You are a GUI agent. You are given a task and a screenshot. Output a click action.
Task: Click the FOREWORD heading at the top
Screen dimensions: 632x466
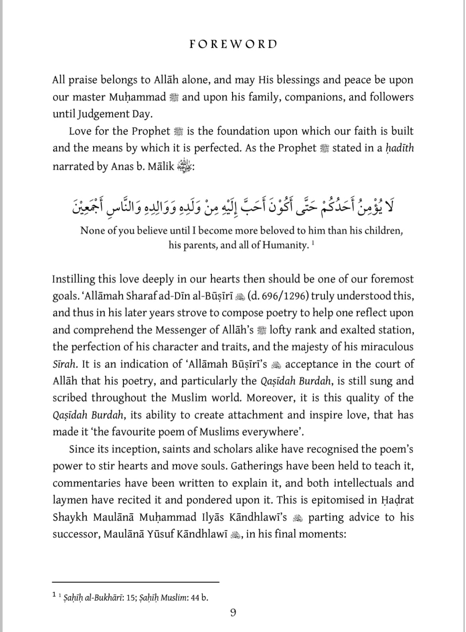[233, 44]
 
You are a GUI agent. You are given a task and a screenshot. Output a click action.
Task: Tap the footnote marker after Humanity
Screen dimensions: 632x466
[313, 242]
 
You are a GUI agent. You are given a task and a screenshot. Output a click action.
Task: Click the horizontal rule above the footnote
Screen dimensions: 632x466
[136, 582]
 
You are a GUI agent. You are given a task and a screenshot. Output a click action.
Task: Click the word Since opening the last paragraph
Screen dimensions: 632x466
[81, 449]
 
